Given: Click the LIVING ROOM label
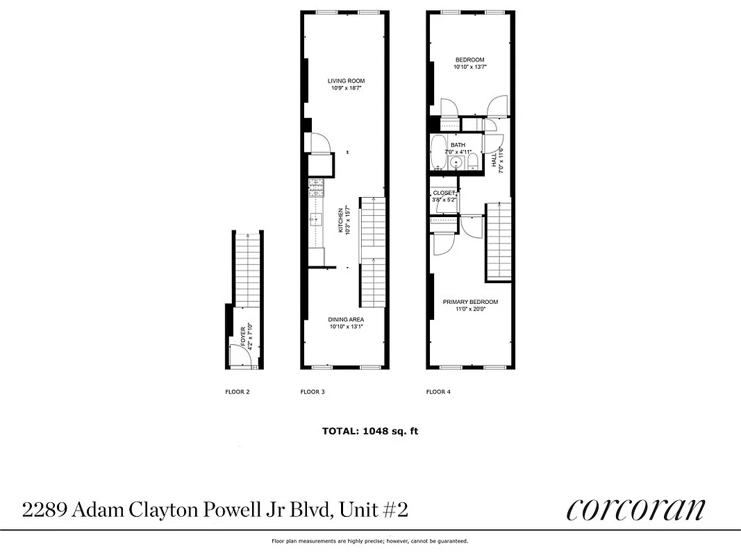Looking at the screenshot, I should pyautogui.click(x=346, y=81).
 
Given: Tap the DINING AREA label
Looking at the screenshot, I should pyautogui.click(x=346, y=320).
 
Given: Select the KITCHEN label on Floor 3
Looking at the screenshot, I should pyautogui.click(x=341, y=221).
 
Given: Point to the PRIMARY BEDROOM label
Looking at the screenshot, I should pyautogui.click(x=471, y=302).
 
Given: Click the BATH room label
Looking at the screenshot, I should pyautogui.click(x=458, y=145).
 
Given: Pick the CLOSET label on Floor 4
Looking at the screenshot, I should pyautogui.click(x=444, y=193).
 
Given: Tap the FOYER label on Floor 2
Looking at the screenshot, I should pyautogui.click(x=243, y=336).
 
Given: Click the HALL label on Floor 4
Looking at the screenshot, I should pyautogui.click(x=494, y=160).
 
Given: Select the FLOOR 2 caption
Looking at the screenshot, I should pyautogui.click(x=238, y=392).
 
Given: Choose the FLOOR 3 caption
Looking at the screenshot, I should pyautogui.click(x=313, y=392).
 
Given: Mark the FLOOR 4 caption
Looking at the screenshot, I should pyautogui.click(x=438, y=392).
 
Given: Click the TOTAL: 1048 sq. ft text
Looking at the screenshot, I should pyautogui.click(x=370, y=431).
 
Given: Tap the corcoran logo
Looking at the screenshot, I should pyautogui.click(x=635, y=510).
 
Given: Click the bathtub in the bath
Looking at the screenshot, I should pyautogui.click(x=438, y=153).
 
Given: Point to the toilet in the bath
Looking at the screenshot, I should pyautogui.click(x=473, y=162).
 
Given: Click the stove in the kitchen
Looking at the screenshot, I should pyautogui.click(x=317, y=187).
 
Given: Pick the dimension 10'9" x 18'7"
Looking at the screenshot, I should pyautogui.click(x=346, y=89).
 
